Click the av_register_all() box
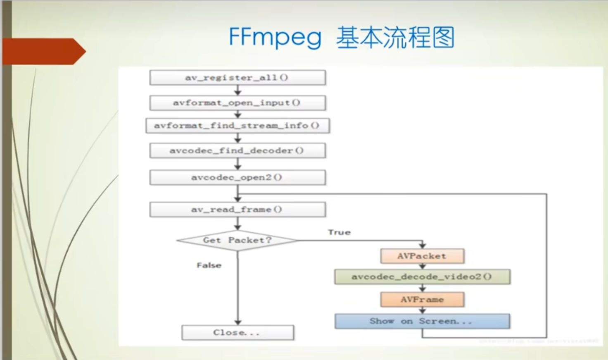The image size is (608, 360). [237, 78]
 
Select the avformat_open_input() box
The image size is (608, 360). [237, 103]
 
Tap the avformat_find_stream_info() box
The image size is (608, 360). [237, 126]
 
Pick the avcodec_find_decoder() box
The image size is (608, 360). [237, 151]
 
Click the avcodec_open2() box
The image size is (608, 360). [237, 178]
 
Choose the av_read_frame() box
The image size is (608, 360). [237, 210]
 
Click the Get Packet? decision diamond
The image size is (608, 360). [237, 240]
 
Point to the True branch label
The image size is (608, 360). [339, 232]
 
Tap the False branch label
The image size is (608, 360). [209, 265]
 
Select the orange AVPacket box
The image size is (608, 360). [422, 256]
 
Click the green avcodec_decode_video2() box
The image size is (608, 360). [422, 277]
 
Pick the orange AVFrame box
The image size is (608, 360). [422, 300]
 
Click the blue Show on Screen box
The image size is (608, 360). [422, 321]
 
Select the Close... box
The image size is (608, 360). [237, 333]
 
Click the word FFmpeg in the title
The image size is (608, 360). [275, 38]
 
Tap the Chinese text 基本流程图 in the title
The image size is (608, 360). [395, 38]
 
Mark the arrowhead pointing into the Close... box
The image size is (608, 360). [238, 322]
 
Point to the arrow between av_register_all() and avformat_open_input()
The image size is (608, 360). [238, 91]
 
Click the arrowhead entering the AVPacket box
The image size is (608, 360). [422, 246]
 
